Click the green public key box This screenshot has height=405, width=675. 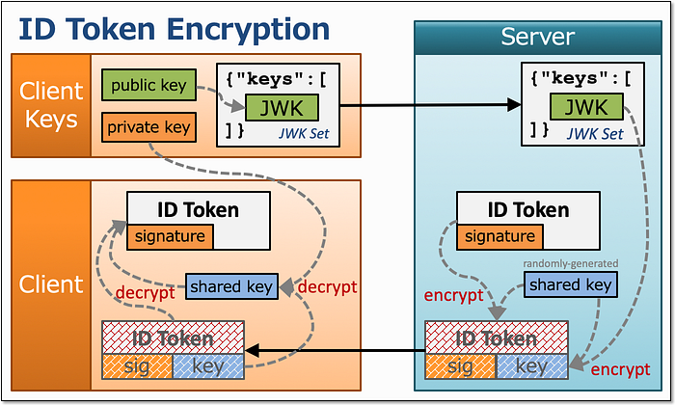148,85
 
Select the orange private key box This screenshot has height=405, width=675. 148,127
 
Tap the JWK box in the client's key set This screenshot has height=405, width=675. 282,108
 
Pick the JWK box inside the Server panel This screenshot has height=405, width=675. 586,106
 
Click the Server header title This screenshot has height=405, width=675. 538,37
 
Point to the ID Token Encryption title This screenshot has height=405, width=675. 174,29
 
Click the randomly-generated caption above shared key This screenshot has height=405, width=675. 571,263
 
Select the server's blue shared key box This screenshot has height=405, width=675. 571,284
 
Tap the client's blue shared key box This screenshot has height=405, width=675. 231,286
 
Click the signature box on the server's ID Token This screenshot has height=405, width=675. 499,236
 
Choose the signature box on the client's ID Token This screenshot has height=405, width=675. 170,236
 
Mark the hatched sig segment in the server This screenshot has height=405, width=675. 461,366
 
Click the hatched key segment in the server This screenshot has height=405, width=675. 532,366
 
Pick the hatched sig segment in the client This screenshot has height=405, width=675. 137,366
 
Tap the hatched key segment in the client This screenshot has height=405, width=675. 208,366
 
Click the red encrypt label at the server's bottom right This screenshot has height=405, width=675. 620,369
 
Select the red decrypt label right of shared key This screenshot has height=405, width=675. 327,286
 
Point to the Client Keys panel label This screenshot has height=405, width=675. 51,105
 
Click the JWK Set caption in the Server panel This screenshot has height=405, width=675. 595,134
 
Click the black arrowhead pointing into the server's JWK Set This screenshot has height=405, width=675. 514,104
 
